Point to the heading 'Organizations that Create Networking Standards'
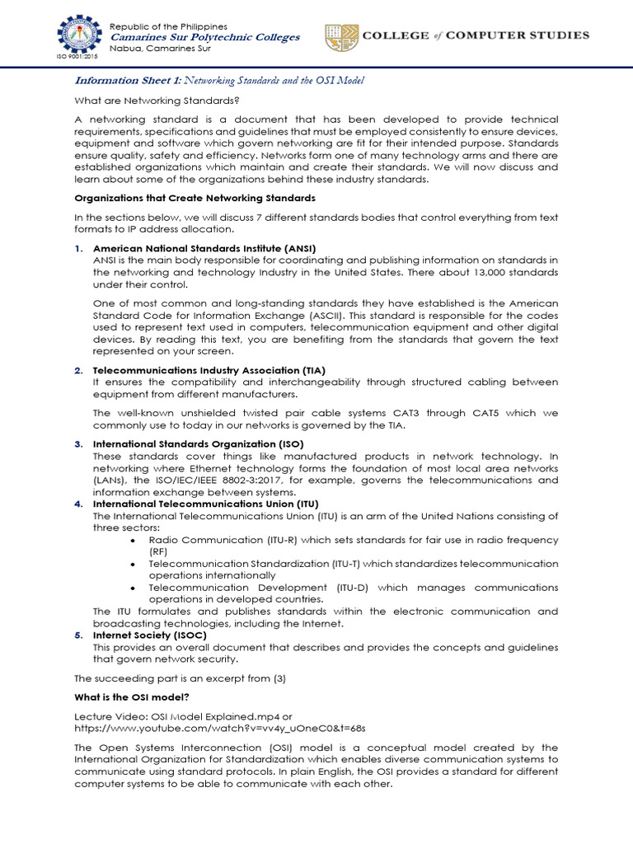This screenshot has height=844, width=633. pyautogui.click(x=195, y=199)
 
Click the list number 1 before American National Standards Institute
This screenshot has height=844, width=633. pyautogui.click(x=78, y=248)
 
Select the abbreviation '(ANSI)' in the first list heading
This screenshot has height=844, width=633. pyautogui.click(x=299, y=248)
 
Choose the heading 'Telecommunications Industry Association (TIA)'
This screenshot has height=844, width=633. pyautogui.click(x=215, y=370)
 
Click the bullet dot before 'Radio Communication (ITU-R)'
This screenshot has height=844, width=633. pyautogui.click(x=134, y=540)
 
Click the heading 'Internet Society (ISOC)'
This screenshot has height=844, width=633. pyautogui.click(x=149, y=635)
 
